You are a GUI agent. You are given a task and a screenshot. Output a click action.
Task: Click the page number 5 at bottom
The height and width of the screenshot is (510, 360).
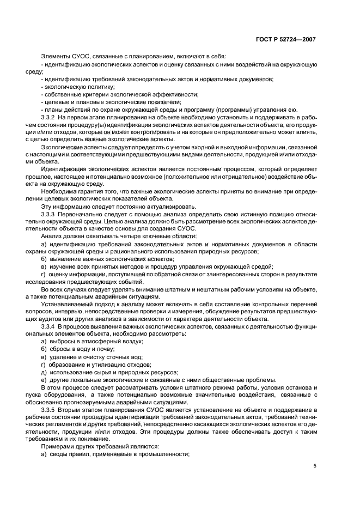click(315, 466)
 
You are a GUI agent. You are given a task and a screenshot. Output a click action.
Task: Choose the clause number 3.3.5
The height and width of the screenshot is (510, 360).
click(50, 408)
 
